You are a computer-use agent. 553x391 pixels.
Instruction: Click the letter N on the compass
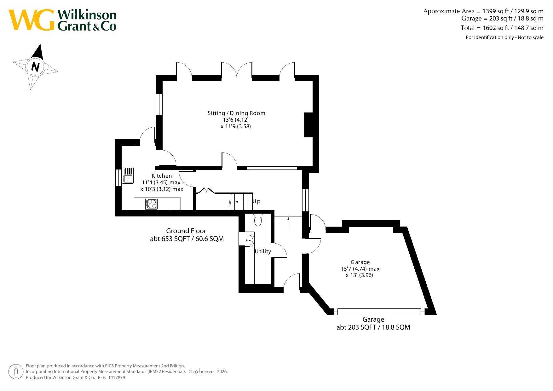pos(35,67)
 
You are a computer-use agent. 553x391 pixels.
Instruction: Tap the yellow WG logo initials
pos(32,20)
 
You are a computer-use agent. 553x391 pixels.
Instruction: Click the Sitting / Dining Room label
pos(236,113)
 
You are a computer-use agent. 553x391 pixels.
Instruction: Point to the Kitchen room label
pos(162,176)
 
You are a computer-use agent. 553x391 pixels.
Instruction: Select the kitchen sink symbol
pos(128,175)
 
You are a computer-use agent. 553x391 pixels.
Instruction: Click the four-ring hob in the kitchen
pos(151,204)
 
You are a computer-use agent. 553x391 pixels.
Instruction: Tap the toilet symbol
pos(258,220)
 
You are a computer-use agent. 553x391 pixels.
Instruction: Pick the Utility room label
pos(263,251)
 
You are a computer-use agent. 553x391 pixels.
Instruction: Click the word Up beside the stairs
pos(256,202)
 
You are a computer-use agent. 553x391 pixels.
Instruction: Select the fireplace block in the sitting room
pos(308,125)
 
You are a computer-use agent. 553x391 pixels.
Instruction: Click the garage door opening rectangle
pos(379,312)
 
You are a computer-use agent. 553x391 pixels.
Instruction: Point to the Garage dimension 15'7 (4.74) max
pos(360,269)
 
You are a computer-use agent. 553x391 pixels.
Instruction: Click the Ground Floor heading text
pos(186,231)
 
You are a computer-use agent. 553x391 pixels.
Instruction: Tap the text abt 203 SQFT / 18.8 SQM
pos(373,327)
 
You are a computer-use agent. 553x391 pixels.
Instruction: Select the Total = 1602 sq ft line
pos(502,28)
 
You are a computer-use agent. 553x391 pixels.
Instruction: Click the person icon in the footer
pos(16,371)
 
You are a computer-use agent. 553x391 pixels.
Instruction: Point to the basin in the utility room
pos(249,240)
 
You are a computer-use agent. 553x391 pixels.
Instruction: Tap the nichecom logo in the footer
pos(203,372)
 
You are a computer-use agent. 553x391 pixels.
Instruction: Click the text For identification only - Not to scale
pos(505,37)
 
